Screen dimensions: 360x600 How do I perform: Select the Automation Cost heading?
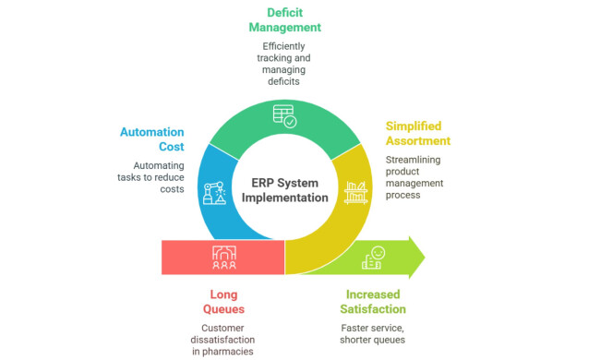(x=151, y=138)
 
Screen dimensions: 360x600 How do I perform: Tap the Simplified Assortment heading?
(x=418, y=132)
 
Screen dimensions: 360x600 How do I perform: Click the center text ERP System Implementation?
(x=287, y=188)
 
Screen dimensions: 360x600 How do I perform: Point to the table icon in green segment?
(x=284, y=116)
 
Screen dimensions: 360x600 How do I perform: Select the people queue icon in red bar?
(x=223, y=257)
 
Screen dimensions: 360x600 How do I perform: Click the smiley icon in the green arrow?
(x=373, y=258)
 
